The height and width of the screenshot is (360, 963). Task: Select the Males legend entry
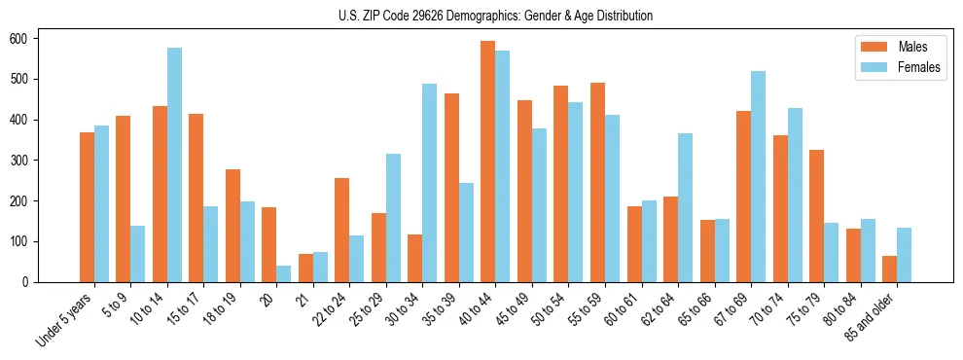pyautogui.click(x=899, y=47)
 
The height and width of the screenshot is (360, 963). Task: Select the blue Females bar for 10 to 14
pyautogui.click(x=174, y=164)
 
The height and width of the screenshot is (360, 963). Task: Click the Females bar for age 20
pyautogui.click(x=283, y=273)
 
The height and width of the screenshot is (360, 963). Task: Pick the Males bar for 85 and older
pyautogui.click(x=889, y=269)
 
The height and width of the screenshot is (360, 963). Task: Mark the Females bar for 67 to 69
pyautogui.click(x=758, y=176)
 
